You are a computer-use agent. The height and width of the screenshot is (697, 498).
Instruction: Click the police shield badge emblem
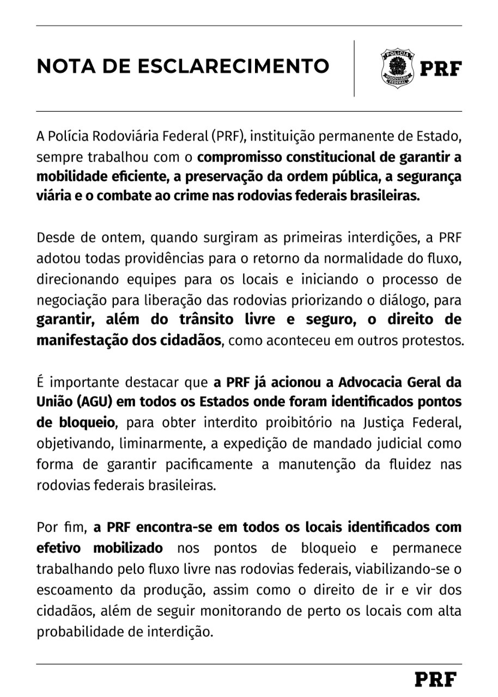(397, 68)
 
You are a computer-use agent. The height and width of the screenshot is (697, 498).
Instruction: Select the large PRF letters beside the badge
(440, 69)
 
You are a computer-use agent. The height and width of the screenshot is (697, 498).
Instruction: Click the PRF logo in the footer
(435, 679)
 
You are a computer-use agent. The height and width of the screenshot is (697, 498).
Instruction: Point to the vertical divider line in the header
(354, 68)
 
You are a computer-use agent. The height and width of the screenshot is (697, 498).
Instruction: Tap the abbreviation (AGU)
(94, 402)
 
